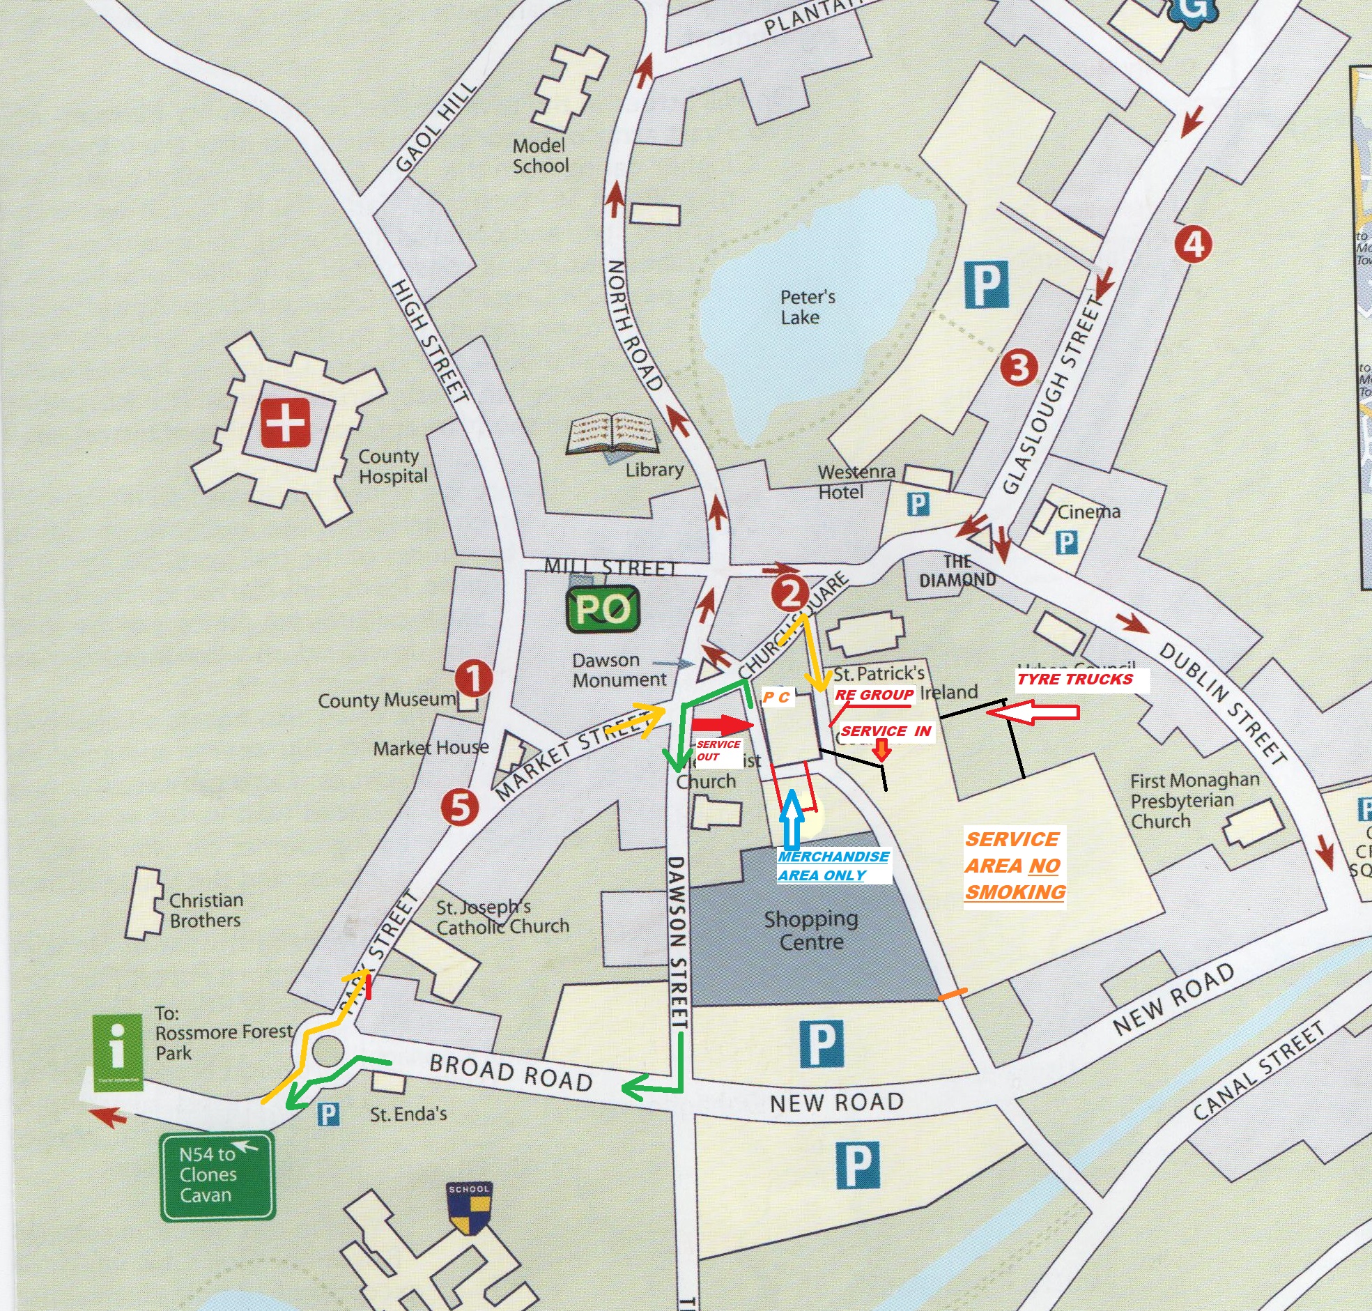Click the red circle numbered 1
(473, 678)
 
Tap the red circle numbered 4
(1193, 244)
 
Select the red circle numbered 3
(1019, 367)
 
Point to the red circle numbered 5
(459, 808)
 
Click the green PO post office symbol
(603, 609)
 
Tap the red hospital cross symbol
(285, 424)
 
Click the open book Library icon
(612, 434)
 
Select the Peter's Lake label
(807, 307)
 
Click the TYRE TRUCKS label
(1074, 680)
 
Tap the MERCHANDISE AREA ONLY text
(833, 866)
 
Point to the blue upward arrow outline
(791, 819)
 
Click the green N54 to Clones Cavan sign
(217, 1175)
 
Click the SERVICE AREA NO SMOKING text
(1015, 866)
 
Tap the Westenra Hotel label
(855, 482)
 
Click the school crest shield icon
(469, 1208)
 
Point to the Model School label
(540, 156)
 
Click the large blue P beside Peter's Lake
(987, 284)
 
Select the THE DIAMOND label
(957, 571)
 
